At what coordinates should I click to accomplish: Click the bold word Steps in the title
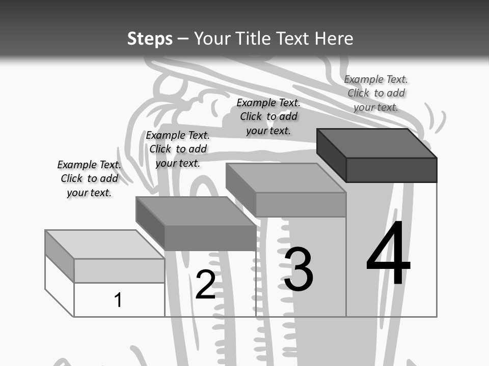tap(150, 39)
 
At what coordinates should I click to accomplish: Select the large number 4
tap(388, 253)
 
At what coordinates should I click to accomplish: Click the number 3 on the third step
tap(298, 269)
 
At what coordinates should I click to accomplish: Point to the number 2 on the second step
tap(205, 285)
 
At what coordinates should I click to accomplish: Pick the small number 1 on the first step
tap(118, 300)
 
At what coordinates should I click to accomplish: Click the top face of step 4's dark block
tap(377, 143)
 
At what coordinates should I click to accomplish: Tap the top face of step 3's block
tap(285, 178)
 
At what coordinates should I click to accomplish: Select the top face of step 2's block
tap(196, 211)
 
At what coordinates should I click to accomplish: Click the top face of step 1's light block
tap(104, 244)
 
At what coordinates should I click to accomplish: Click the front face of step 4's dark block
tap(391, 170)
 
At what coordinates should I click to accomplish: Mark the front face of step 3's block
tap(301, 205)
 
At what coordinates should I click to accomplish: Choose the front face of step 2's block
tap(210, 238)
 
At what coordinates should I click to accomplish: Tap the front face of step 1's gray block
tap(119, 270)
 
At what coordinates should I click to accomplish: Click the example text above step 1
tap(89, 178)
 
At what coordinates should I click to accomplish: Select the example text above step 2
tap(178, 149)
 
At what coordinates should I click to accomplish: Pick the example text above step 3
tap(268, 116)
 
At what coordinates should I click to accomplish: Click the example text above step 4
tap(376, 93)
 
